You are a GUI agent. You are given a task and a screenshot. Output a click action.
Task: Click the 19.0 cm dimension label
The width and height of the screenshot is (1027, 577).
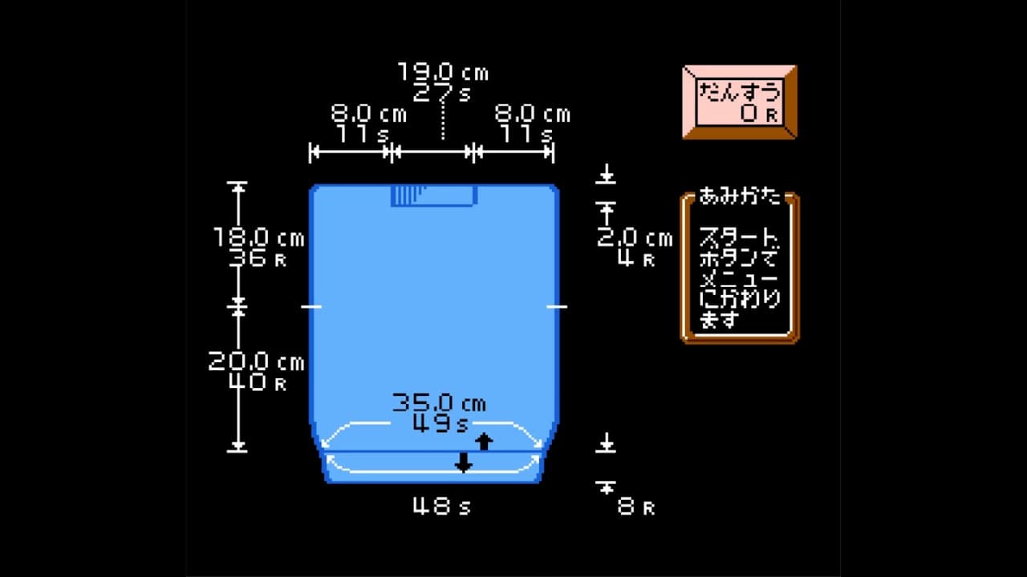click(443, 73)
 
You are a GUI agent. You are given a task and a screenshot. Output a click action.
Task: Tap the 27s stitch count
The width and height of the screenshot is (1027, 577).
click(443, 93)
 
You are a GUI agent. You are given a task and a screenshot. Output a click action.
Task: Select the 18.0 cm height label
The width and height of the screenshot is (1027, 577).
click(258, 238)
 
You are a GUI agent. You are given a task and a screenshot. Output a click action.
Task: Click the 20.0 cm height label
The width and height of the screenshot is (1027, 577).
click(257, 362)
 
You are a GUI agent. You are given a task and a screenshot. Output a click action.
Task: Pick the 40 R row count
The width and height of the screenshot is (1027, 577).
click(257, 383)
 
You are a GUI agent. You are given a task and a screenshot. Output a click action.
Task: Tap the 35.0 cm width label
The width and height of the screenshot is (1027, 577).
click(439, 402)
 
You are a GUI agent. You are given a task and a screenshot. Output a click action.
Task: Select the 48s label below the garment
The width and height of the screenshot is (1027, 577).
click(442, 506)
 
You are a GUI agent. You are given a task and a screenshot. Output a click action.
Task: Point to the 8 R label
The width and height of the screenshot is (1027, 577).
click(636, 506)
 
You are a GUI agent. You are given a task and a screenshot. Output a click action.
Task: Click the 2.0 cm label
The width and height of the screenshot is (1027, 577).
click(635, 238)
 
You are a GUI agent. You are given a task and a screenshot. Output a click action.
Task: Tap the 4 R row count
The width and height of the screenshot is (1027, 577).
click(636, 259)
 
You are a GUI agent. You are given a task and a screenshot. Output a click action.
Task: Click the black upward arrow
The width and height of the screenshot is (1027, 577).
click(484, 441)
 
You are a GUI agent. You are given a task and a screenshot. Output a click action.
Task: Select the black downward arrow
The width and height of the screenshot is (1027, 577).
click(463, 462)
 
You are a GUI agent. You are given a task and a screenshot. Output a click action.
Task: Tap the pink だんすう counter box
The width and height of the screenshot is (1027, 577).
click(740, 102)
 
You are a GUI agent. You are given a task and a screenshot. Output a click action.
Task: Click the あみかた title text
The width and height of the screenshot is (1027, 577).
click(739, 196)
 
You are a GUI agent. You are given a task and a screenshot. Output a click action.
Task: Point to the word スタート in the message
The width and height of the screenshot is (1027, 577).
click(739, 238)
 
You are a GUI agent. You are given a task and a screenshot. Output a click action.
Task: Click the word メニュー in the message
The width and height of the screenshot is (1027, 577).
click(739, 280)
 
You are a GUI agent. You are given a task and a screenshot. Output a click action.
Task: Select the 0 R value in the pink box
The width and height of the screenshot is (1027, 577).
click(758, 113)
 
